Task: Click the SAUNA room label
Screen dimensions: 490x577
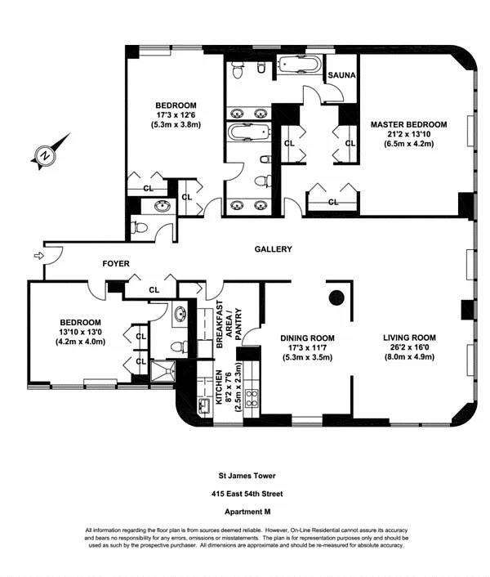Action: tap(341, 75)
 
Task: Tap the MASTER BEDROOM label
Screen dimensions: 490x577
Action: tap(409, 125)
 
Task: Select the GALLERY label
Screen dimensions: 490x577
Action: tap(273, 249)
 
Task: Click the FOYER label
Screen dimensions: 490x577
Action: tap(116, 264)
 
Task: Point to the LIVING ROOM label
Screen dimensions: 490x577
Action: tap(409, 338)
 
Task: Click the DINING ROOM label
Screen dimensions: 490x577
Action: tap(307, 338)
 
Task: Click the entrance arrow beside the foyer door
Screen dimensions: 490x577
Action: tap(38, 255)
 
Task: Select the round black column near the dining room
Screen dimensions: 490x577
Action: tap(336, 297)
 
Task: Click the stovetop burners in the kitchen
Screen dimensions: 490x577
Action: tap(252, 398)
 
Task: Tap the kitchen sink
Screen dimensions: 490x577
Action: tap(203, 406)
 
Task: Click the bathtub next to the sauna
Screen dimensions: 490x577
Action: tap(299, 65)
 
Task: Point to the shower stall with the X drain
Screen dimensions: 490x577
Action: tap(163, 371)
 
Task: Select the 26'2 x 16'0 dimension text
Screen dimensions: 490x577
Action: tap(409, 347)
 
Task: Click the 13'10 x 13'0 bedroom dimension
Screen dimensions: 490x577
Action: tap(81, 333)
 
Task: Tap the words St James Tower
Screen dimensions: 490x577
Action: tap(247, 476)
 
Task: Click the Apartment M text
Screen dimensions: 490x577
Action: tap(247, 512)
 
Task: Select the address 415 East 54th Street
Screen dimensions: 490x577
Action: tap(247, 494)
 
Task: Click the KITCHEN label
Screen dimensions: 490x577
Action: tap(219, 387)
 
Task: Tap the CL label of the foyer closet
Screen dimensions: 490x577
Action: tap(154, 290)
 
